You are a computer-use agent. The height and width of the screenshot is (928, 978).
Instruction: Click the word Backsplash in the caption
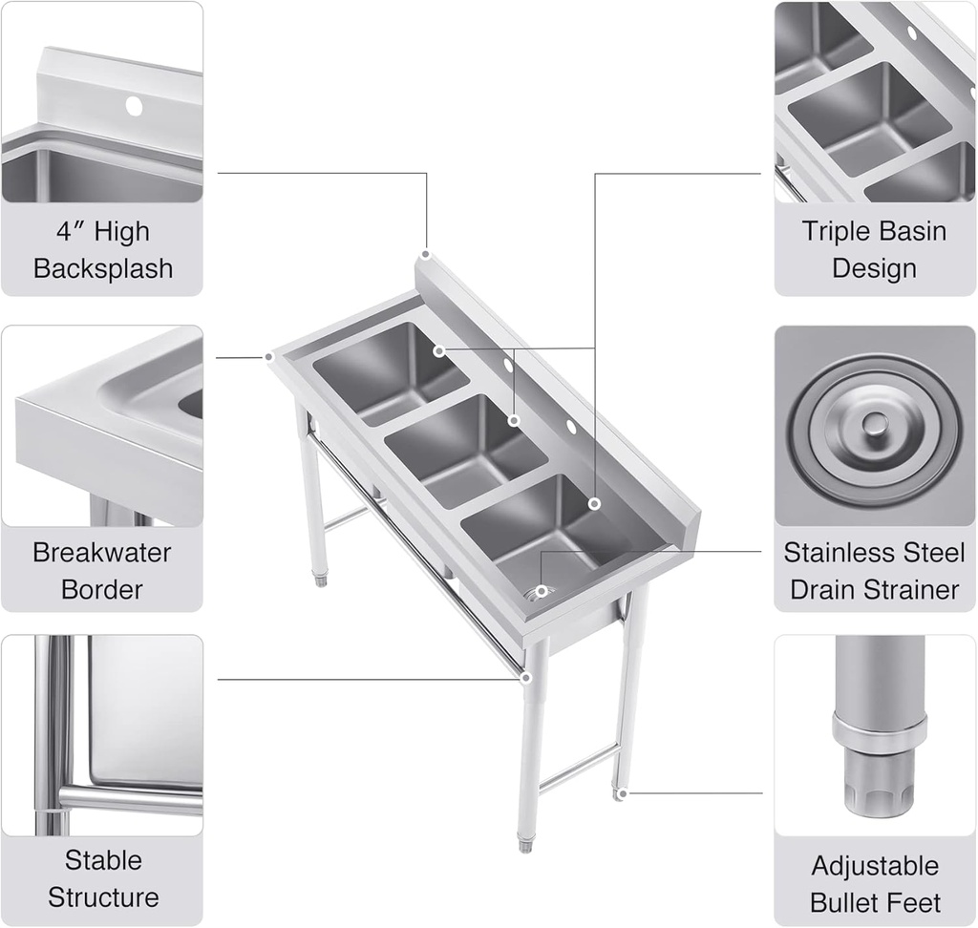pyautogui.click(x=103, y=268)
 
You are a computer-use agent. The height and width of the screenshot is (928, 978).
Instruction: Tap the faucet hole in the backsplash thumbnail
pyautogui.click(x=135, y=106)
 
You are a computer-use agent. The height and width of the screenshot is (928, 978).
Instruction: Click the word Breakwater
pyautogui.click(x=102, y=552)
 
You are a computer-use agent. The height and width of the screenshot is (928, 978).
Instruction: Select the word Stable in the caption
pyautogui.click(x=103, y=860)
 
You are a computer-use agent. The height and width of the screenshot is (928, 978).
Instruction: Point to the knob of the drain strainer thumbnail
pyautogui.click(x=874, y=425)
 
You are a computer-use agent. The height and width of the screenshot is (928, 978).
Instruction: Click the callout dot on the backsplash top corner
pyautogui.click(x=426, y=255)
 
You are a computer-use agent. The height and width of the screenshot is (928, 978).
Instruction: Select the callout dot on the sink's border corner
pyautogui.click(x=269, y=356)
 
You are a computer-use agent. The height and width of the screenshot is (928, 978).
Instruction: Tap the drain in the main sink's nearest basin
pyautogui.click(x=542, y=592)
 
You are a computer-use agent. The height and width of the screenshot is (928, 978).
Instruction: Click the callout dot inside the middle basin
pyautogui.click(x=514, y=420)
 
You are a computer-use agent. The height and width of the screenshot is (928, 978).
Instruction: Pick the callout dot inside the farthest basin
pyautogui.click(x=438, y=351)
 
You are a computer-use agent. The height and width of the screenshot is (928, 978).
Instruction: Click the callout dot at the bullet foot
pyautogui.click(x=622, y=792)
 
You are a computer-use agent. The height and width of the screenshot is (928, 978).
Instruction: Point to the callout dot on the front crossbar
pyautogui.click(x=525, y=678)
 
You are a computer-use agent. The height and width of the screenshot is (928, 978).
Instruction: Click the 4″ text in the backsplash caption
pyautogui.click(x=70, y=231)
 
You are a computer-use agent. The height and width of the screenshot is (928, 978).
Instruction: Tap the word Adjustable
pyautogui.click(x=875, y=866)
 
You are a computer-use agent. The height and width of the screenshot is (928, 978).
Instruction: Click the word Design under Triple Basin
pyautogui.click(x=874, y=268)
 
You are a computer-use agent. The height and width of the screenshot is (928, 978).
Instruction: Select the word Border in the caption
pyautogui.click(x=102, y=589)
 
